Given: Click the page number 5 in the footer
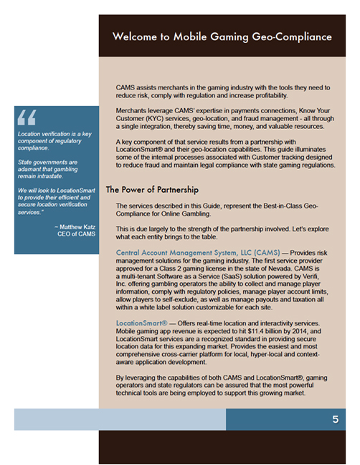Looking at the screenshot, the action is coord(335,420).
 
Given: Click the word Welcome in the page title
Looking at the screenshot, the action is coord(137,36).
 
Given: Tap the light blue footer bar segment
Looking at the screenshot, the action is coord(120,420).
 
